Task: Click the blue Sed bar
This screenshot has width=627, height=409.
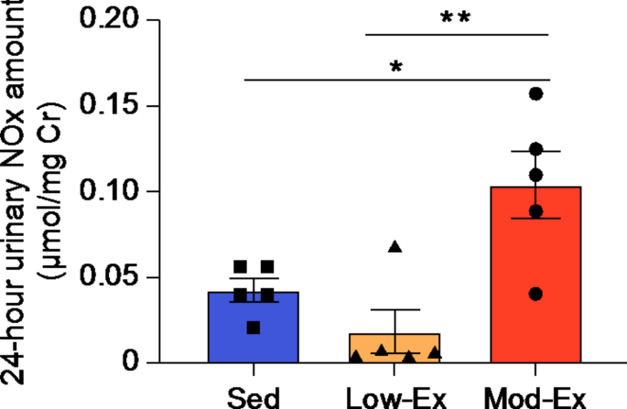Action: coord(253,339)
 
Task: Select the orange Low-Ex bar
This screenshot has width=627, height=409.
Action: coord(395,350)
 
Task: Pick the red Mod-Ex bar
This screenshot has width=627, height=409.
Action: coord(535,274)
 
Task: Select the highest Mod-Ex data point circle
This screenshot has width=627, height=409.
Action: coord(536,93)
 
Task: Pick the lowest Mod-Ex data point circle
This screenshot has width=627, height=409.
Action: coord(535,294)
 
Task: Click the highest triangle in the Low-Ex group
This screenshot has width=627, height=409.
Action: coord(395,246)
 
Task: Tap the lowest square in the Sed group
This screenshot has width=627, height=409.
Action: coord(253,327)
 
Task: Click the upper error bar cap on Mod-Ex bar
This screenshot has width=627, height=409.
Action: coord(535,152)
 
